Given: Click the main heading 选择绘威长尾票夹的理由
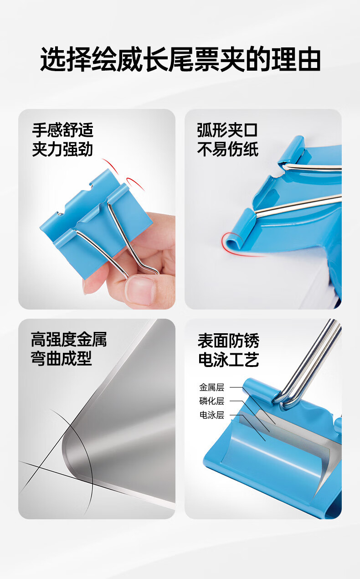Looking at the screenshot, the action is click(x=180, y=59).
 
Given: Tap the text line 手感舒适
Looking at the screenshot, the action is click(x=62, y=130).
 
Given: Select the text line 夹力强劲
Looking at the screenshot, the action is click(x=62, y=149).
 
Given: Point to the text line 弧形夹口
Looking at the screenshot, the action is click(x=227, y=130).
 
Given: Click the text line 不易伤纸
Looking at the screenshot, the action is click(x=227, y=149).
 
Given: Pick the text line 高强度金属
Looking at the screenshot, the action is click(x=69, y=339).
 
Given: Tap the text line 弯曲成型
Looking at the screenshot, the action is click(x=61, y=358).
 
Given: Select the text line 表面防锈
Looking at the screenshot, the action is click(x=228, y=341).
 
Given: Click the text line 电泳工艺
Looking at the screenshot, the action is click(x=228, y=360).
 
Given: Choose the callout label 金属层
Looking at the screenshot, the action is click(x=211, y=387).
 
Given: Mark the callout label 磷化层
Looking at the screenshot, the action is click(x=211, y=401).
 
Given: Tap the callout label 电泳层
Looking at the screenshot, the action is click(x=211, y=415).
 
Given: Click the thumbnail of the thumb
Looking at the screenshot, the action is click(x=140, y=290).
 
